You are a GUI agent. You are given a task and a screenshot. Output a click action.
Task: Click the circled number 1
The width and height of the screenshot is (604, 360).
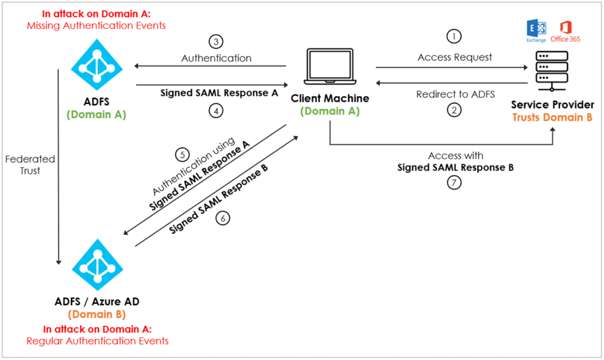tap(454, 36)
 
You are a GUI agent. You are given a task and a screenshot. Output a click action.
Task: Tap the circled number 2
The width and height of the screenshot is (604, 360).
tap(454, 110)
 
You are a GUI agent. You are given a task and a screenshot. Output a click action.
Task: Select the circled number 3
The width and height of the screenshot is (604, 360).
tap(216, 42)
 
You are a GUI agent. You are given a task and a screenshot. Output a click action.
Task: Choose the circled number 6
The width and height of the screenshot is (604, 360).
tap(222, 218)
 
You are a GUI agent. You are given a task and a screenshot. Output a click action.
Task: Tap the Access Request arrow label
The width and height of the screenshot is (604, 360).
tap(455, 57)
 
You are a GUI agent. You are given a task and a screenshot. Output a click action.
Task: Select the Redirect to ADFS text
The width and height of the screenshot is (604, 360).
tap(455, 94)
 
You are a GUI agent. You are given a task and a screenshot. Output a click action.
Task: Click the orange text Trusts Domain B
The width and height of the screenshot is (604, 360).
tap(552, 117)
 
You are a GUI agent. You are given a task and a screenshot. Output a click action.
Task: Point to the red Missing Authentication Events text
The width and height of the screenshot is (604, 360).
tap(96, 26)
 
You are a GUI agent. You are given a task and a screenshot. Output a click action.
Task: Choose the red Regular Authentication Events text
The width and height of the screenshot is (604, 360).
tap(97, 341)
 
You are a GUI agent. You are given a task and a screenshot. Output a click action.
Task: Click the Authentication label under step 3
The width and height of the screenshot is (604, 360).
tap(216, 58)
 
